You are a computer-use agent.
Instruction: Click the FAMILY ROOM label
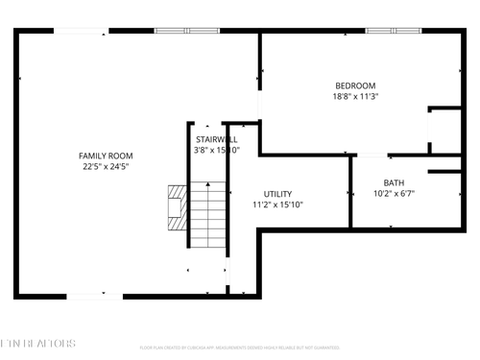pos(106,156)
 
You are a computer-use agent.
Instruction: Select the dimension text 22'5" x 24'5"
pos(106,167)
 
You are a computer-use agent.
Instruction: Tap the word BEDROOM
pos(354,85)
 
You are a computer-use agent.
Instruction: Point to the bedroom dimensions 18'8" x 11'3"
pos(354,96)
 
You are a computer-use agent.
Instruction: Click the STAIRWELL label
pos(210,138)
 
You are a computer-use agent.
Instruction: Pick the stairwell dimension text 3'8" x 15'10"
pos(216,150)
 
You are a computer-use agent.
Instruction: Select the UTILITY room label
pos(277,194)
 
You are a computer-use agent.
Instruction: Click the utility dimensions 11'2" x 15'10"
pos(277,204)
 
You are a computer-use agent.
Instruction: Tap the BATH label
pos(394,183)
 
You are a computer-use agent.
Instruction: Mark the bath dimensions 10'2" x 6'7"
pos(394,194)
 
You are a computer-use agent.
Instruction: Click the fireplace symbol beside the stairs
pos(176,204)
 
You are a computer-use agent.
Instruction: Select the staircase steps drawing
pos(207,213)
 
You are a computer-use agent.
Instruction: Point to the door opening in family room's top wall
pos(81,31)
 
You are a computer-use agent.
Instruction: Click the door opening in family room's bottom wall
pos(94,295)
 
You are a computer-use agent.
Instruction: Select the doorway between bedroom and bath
pos(372,155)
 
